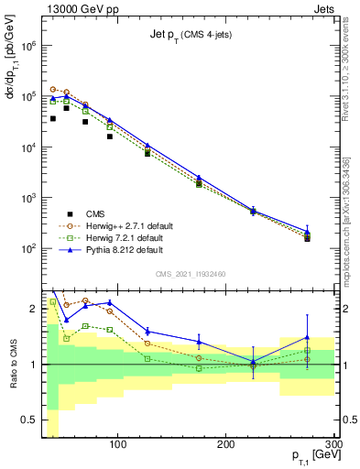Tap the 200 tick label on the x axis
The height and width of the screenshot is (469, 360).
pos(226,445)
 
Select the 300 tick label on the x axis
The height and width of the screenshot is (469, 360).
pos(333,445)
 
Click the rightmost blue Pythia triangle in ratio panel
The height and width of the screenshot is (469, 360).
pos(308,337)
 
